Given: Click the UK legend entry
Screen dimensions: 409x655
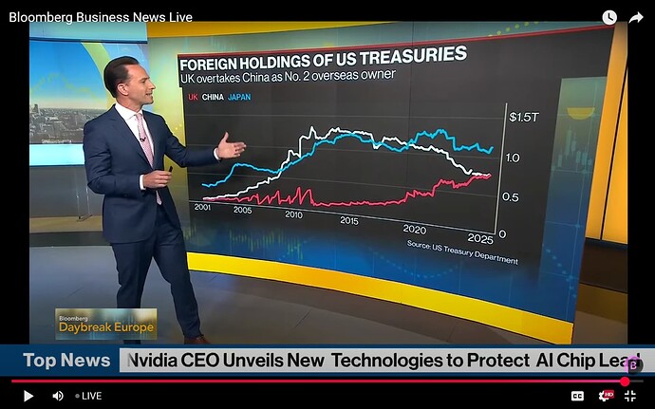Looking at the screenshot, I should pos(193,98).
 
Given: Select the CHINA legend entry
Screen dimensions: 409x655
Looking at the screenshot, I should pos(213,98).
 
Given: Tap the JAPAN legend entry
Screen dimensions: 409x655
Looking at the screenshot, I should pos(239,98).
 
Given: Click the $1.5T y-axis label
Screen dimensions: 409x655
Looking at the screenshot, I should pos(523,118).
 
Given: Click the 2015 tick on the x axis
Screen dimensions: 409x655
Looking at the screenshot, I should pos(348,220).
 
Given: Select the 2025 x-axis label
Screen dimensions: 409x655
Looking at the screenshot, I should pos(479,235).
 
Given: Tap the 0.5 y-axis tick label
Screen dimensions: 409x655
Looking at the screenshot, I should pos(512,196).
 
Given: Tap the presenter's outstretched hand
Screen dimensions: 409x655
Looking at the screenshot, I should pos(232,147).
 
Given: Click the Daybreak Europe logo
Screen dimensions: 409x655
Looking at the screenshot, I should pos(104,323).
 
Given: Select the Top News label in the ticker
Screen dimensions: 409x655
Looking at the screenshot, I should pos(66,361).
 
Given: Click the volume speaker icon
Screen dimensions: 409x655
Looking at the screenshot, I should pos(57,395).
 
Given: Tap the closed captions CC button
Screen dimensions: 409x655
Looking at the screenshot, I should pos(577,395).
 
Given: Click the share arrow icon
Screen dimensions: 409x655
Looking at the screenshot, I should pos(635,17).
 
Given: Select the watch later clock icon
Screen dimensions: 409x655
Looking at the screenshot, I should pos(608,17).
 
